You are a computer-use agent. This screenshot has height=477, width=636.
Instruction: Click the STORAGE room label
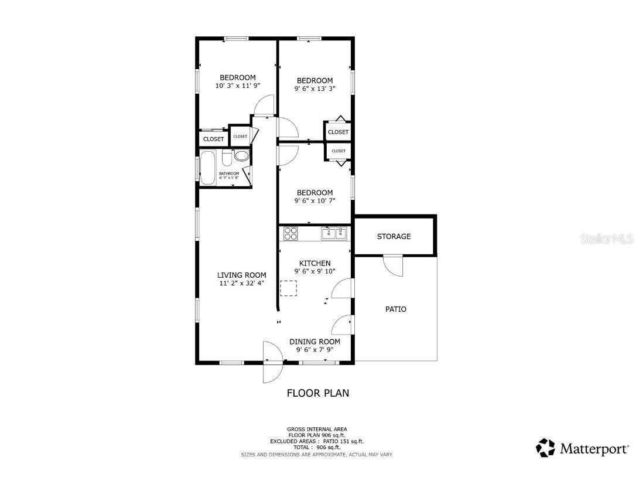(x=394, y=237)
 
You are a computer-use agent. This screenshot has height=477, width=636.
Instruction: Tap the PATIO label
(x=395, y=309)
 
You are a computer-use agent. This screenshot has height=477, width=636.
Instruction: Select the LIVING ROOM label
(x=241, y=275)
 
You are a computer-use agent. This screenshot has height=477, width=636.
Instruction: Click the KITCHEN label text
(x=314, y=263)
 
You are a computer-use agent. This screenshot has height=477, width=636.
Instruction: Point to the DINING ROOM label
(x=314, y=342)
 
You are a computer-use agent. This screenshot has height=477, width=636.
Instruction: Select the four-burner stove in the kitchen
(x=290, y=233)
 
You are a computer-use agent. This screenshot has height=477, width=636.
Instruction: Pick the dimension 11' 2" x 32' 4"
(x=241, y=284)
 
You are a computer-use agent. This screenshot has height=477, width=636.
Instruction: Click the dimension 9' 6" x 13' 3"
(x=314, y=90)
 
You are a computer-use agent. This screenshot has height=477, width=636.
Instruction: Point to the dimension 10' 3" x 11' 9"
(x=237, y=86)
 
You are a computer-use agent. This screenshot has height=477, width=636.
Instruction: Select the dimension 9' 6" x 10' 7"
(x=314, y=201)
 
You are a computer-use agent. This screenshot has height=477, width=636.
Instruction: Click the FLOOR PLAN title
(x=317, y=393)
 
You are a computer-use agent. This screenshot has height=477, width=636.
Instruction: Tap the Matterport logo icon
(x=545, y=448)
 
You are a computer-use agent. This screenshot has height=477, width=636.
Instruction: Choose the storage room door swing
(x=394, y=265)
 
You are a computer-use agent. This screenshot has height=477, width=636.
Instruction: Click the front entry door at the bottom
(x=272, y=362)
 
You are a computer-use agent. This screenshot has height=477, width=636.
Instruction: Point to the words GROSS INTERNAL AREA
(x=316, y=429)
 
